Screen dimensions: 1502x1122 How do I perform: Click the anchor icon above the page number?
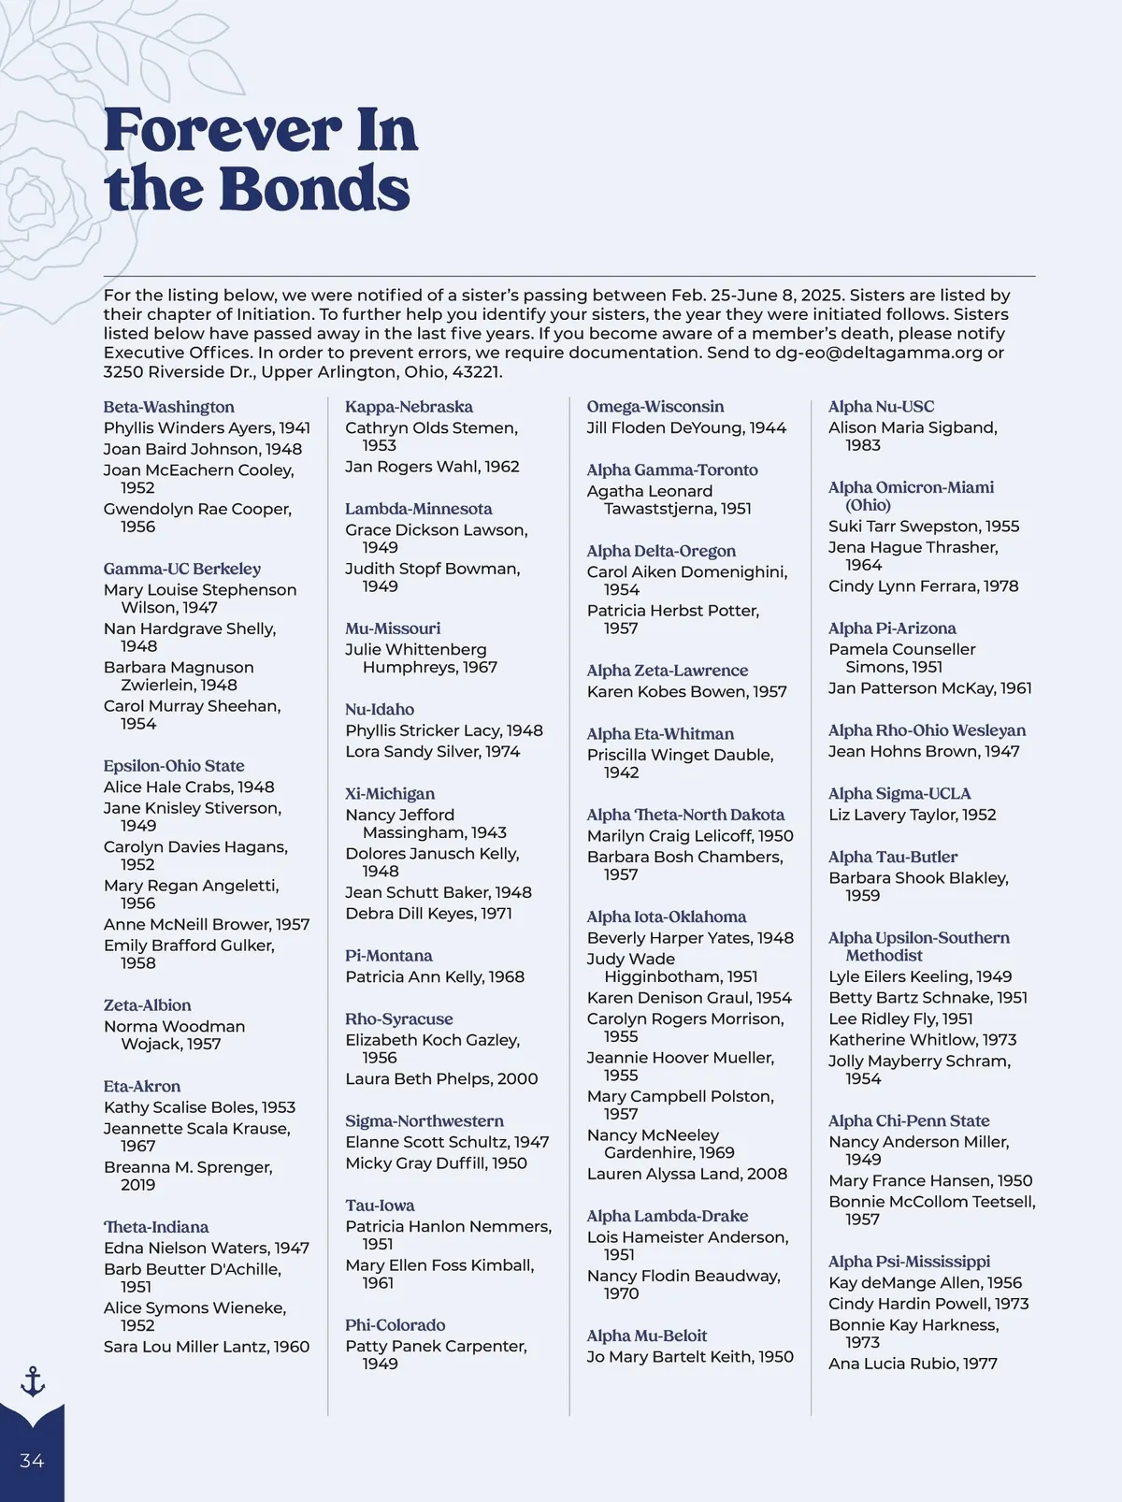(33, 1380)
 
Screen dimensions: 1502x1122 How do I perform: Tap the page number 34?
(32, 1461)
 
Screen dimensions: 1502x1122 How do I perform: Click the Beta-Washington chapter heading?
(168, 407)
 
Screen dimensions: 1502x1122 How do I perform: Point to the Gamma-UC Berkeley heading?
(181, 569)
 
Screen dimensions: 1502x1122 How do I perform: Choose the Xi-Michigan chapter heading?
(389, 793)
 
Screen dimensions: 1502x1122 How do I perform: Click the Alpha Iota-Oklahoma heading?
(666, 917)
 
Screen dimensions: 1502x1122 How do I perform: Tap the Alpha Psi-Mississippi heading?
(909, 1261)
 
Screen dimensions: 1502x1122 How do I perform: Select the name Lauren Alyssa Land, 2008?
(686, 1174)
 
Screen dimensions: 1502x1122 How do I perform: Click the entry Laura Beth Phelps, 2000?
(441, 1078)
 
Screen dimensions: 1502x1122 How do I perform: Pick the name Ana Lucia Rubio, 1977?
(913, 1364)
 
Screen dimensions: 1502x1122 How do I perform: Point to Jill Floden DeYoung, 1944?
(686, 428)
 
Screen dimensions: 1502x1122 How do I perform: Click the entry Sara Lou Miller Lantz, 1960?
(206, 1347)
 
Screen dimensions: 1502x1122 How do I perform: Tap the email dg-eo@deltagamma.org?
(878, 353)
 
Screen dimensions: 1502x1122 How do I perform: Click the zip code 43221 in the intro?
(476, 372)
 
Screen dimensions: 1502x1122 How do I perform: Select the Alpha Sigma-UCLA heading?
(899, 793)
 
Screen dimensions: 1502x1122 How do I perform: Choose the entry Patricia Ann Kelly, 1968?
(435, 976)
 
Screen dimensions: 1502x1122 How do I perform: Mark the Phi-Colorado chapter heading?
(395, 1324)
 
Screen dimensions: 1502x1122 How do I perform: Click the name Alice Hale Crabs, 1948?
(189, 787)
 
